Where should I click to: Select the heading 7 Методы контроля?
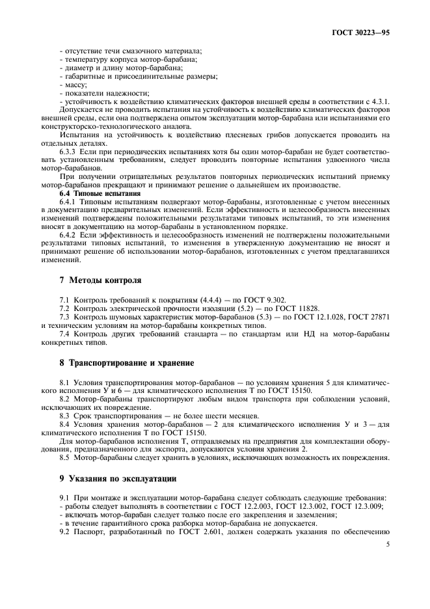[91, 280]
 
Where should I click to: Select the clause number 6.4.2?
[70, 234]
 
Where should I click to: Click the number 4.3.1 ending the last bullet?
[381, 101]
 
